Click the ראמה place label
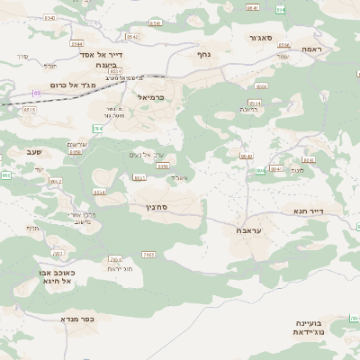[x=312, y=48]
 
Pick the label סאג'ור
[x=269, y=39]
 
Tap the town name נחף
[x=203, y=54]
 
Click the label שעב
[x=45, y=151]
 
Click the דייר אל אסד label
[x=113, y=54]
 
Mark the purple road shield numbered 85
[x=37, y=92]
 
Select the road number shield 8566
[x=261, y=86]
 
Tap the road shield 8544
[x=76, y=42]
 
